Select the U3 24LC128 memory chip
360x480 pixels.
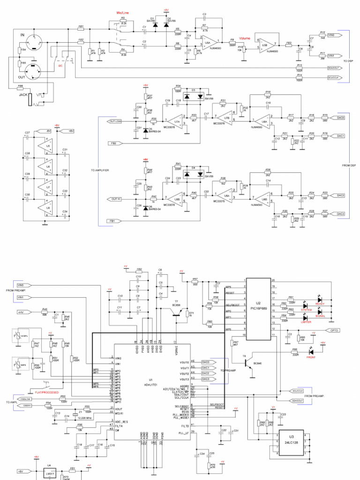click(292, 442)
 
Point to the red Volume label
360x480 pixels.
click(245, 37)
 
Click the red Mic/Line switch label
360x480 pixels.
click(123, 14)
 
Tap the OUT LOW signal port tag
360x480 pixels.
click(115, 121)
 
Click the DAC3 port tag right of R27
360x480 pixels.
click(340, 214)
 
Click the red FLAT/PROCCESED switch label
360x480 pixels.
click(44, 391)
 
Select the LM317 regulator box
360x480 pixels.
click(48, 474)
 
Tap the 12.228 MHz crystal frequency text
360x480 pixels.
click(85, 416)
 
